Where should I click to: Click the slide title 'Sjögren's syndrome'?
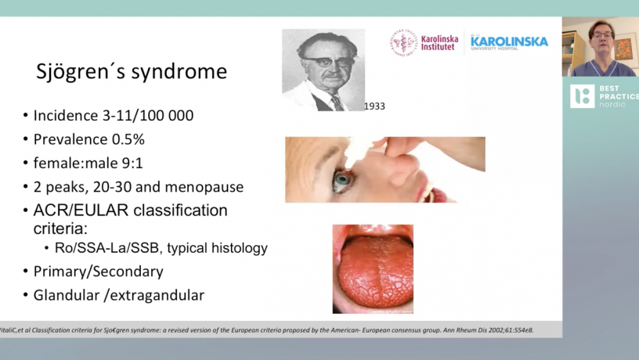click(x=132, y=71)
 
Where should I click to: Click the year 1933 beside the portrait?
click(x=374, y=106)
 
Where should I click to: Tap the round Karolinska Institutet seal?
click(x=403, y=43)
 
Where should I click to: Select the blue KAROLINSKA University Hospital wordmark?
click(x=509, y=42)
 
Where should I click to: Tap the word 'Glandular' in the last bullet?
click(x=66, y=295)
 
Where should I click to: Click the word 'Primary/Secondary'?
click(x=98, y=272)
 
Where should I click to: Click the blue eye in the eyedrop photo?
click(x=342, y=179)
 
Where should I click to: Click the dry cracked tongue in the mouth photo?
click(x=374, y=272)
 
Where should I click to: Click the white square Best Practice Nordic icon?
click(x=582, y=96)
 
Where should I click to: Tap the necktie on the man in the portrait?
click(x=338, y=103)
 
